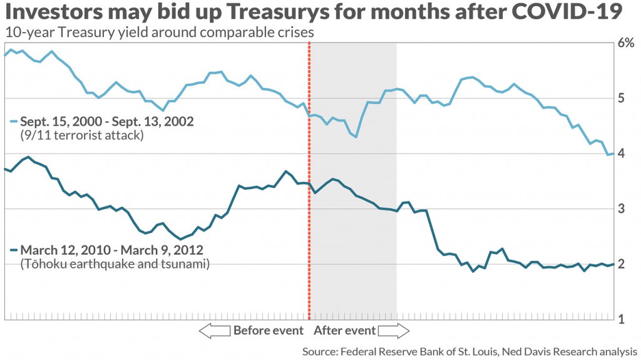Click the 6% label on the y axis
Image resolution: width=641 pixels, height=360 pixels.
coord(626,44)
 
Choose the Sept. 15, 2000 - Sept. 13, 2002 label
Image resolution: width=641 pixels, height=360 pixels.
coord(107,121)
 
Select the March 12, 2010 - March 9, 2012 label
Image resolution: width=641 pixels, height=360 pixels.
coord(110,251)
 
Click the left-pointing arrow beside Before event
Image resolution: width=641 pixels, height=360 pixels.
coord(214,331)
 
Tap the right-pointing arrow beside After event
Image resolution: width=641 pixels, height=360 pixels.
coord(394,331)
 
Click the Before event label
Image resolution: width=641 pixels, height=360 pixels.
coord(268,331)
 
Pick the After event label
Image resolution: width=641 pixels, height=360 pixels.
coord(345,331)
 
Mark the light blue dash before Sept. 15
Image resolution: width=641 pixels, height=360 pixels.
coord(13,121)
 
